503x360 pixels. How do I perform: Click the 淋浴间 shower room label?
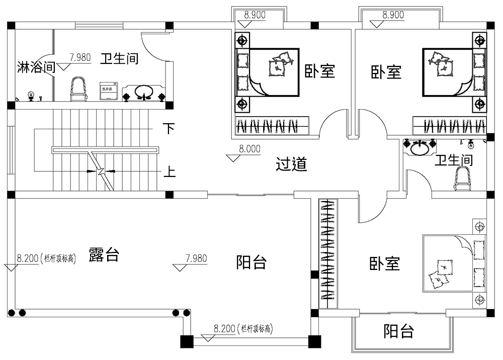coord(36,67)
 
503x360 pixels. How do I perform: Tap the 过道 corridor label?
coord(291,164)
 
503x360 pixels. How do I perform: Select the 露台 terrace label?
coord(104,254)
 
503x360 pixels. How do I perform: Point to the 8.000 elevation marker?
coord(249,149)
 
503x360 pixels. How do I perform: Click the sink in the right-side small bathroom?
coord(419,147)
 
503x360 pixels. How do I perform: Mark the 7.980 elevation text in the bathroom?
coord(80,58)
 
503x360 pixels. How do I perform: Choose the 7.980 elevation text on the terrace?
coord(196,259)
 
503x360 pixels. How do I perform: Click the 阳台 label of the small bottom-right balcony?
coord(399,331)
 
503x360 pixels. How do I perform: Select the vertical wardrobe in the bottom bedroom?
coord(327,254)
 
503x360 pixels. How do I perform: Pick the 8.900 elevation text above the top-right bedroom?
coord(393,15)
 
